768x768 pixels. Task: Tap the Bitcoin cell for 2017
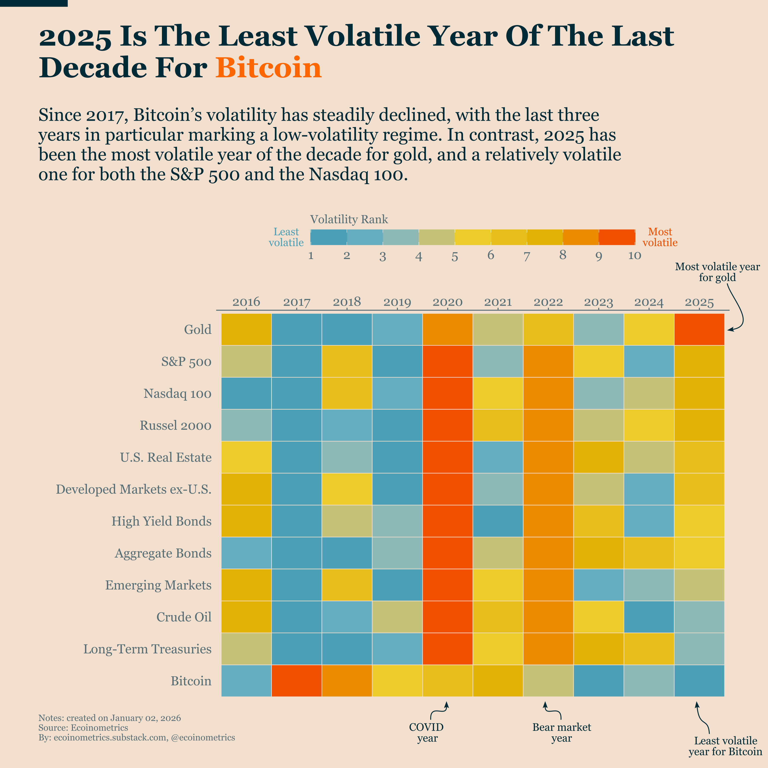point(297,681)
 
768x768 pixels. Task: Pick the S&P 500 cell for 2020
point(448,361)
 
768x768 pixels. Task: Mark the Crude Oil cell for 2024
point(649,616)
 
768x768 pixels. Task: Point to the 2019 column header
point(397,302)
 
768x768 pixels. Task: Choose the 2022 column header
point(548,302)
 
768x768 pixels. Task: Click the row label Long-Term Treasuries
point(147,649)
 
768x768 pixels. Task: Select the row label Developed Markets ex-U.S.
point(134,489)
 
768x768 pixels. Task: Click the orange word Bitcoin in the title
point(268,68)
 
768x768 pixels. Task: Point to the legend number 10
point(634,256)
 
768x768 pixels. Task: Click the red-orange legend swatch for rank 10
point(616,237)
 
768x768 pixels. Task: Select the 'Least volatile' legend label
point(286,237)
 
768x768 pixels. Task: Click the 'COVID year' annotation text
point(427,733)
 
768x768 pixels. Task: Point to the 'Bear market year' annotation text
point(561,733)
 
